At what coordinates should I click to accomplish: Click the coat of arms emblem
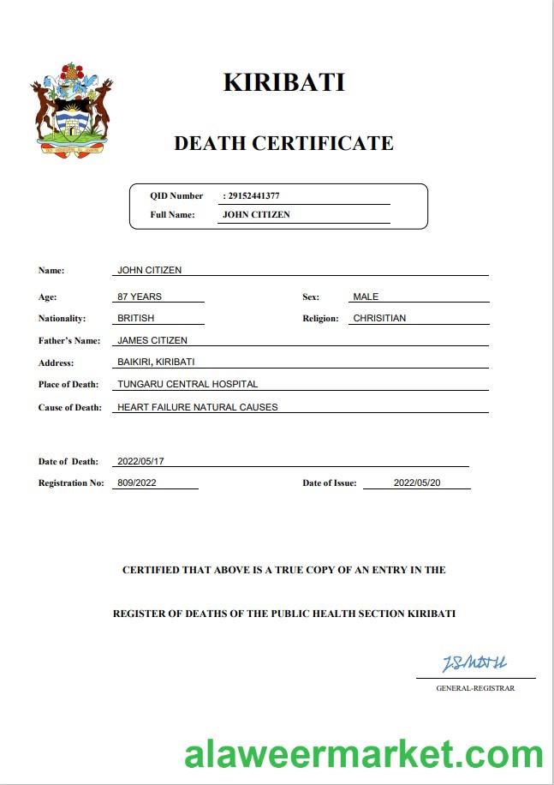(73, 109)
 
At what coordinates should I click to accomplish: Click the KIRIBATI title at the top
(283, 82)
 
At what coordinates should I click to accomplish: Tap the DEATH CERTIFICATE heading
(283, 143)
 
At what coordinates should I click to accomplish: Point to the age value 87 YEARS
(140, 297)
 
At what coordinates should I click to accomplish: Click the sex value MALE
(366, 297)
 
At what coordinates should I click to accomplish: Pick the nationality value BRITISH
(136, 318)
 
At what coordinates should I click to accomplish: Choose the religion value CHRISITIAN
(379, 318)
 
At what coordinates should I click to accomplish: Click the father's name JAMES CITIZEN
(152, 340)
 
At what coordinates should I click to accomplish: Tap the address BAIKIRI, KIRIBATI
(156, 362)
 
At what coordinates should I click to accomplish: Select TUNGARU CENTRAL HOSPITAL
(188, 384)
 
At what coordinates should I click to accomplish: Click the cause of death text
(198, 407)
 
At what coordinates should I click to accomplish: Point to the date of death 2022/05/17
(140, 461)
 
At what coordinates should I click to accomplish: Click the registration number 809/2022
(137, 482)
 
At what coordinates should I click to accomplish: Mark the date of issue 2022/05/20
(417, 482)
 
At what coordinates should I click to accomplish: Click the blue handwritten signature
(474, 662)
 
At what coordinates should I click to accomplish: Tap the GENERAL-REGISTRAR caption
(475, 688)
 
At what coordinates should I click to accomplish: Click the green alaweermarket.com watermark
(364, 755)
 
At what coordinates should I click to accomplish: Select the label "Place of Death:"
(69, 384)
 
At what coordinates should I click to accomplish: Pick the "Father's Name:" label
(69, 340)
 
